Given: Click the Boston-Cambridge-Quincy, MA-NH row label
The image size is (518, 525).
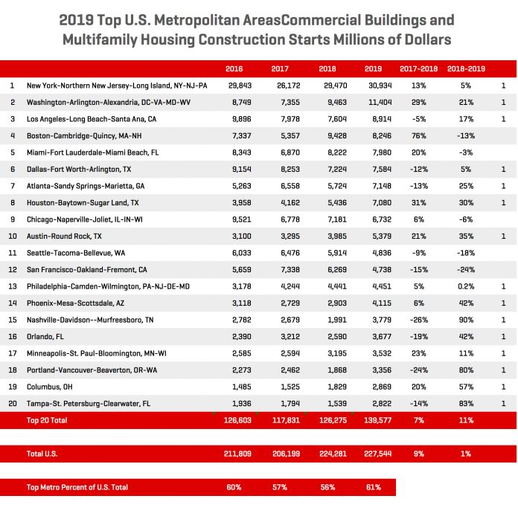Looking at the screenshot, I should (86, 135).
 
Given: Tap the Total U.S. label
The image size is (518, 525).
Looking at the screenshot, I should (42, 453).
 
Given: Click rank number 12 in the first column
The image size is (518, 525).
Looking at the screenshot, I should (13, 269).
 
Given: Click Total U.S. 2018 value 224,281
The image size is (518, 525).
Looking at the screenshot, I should (327, 453).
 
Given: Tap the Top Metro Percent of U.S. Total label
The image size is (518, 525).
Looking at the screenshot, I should (77, 487).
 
